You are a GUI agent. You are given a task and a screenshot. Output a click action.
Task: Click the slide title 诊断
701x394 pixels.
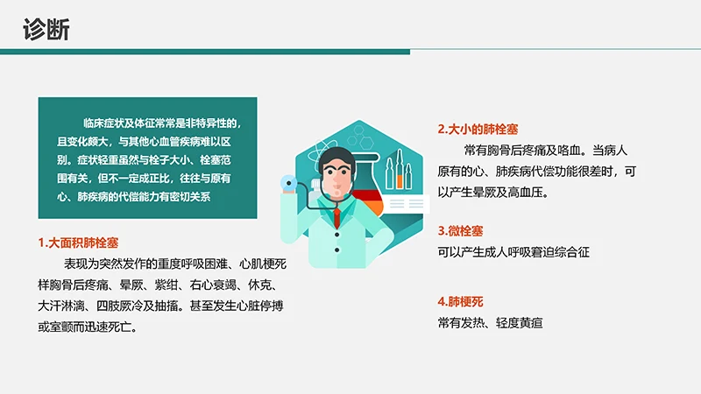tap(46, 29)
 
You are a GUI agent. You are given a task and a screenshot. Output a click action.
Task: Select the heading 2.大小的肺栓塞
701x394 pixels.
tap(481, 129)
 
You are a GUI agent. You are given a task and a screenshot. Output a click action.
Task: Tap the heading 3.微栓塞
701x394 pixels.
tap(461, 231)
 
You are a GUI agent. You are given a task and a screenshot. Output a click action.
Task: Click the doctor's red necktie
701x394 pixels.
tap(337, 218)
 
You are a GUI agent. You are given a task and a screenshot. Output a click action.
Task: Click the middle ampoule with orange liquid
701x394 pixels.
tap(400, 167)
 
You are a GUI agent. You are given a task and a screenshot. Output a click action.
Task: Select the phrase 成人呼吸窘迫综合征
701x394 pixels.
tap(535, 252)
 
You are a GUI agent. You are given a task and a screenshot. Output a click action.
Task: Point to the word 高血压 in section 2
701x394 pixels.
tap(525, 192)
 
